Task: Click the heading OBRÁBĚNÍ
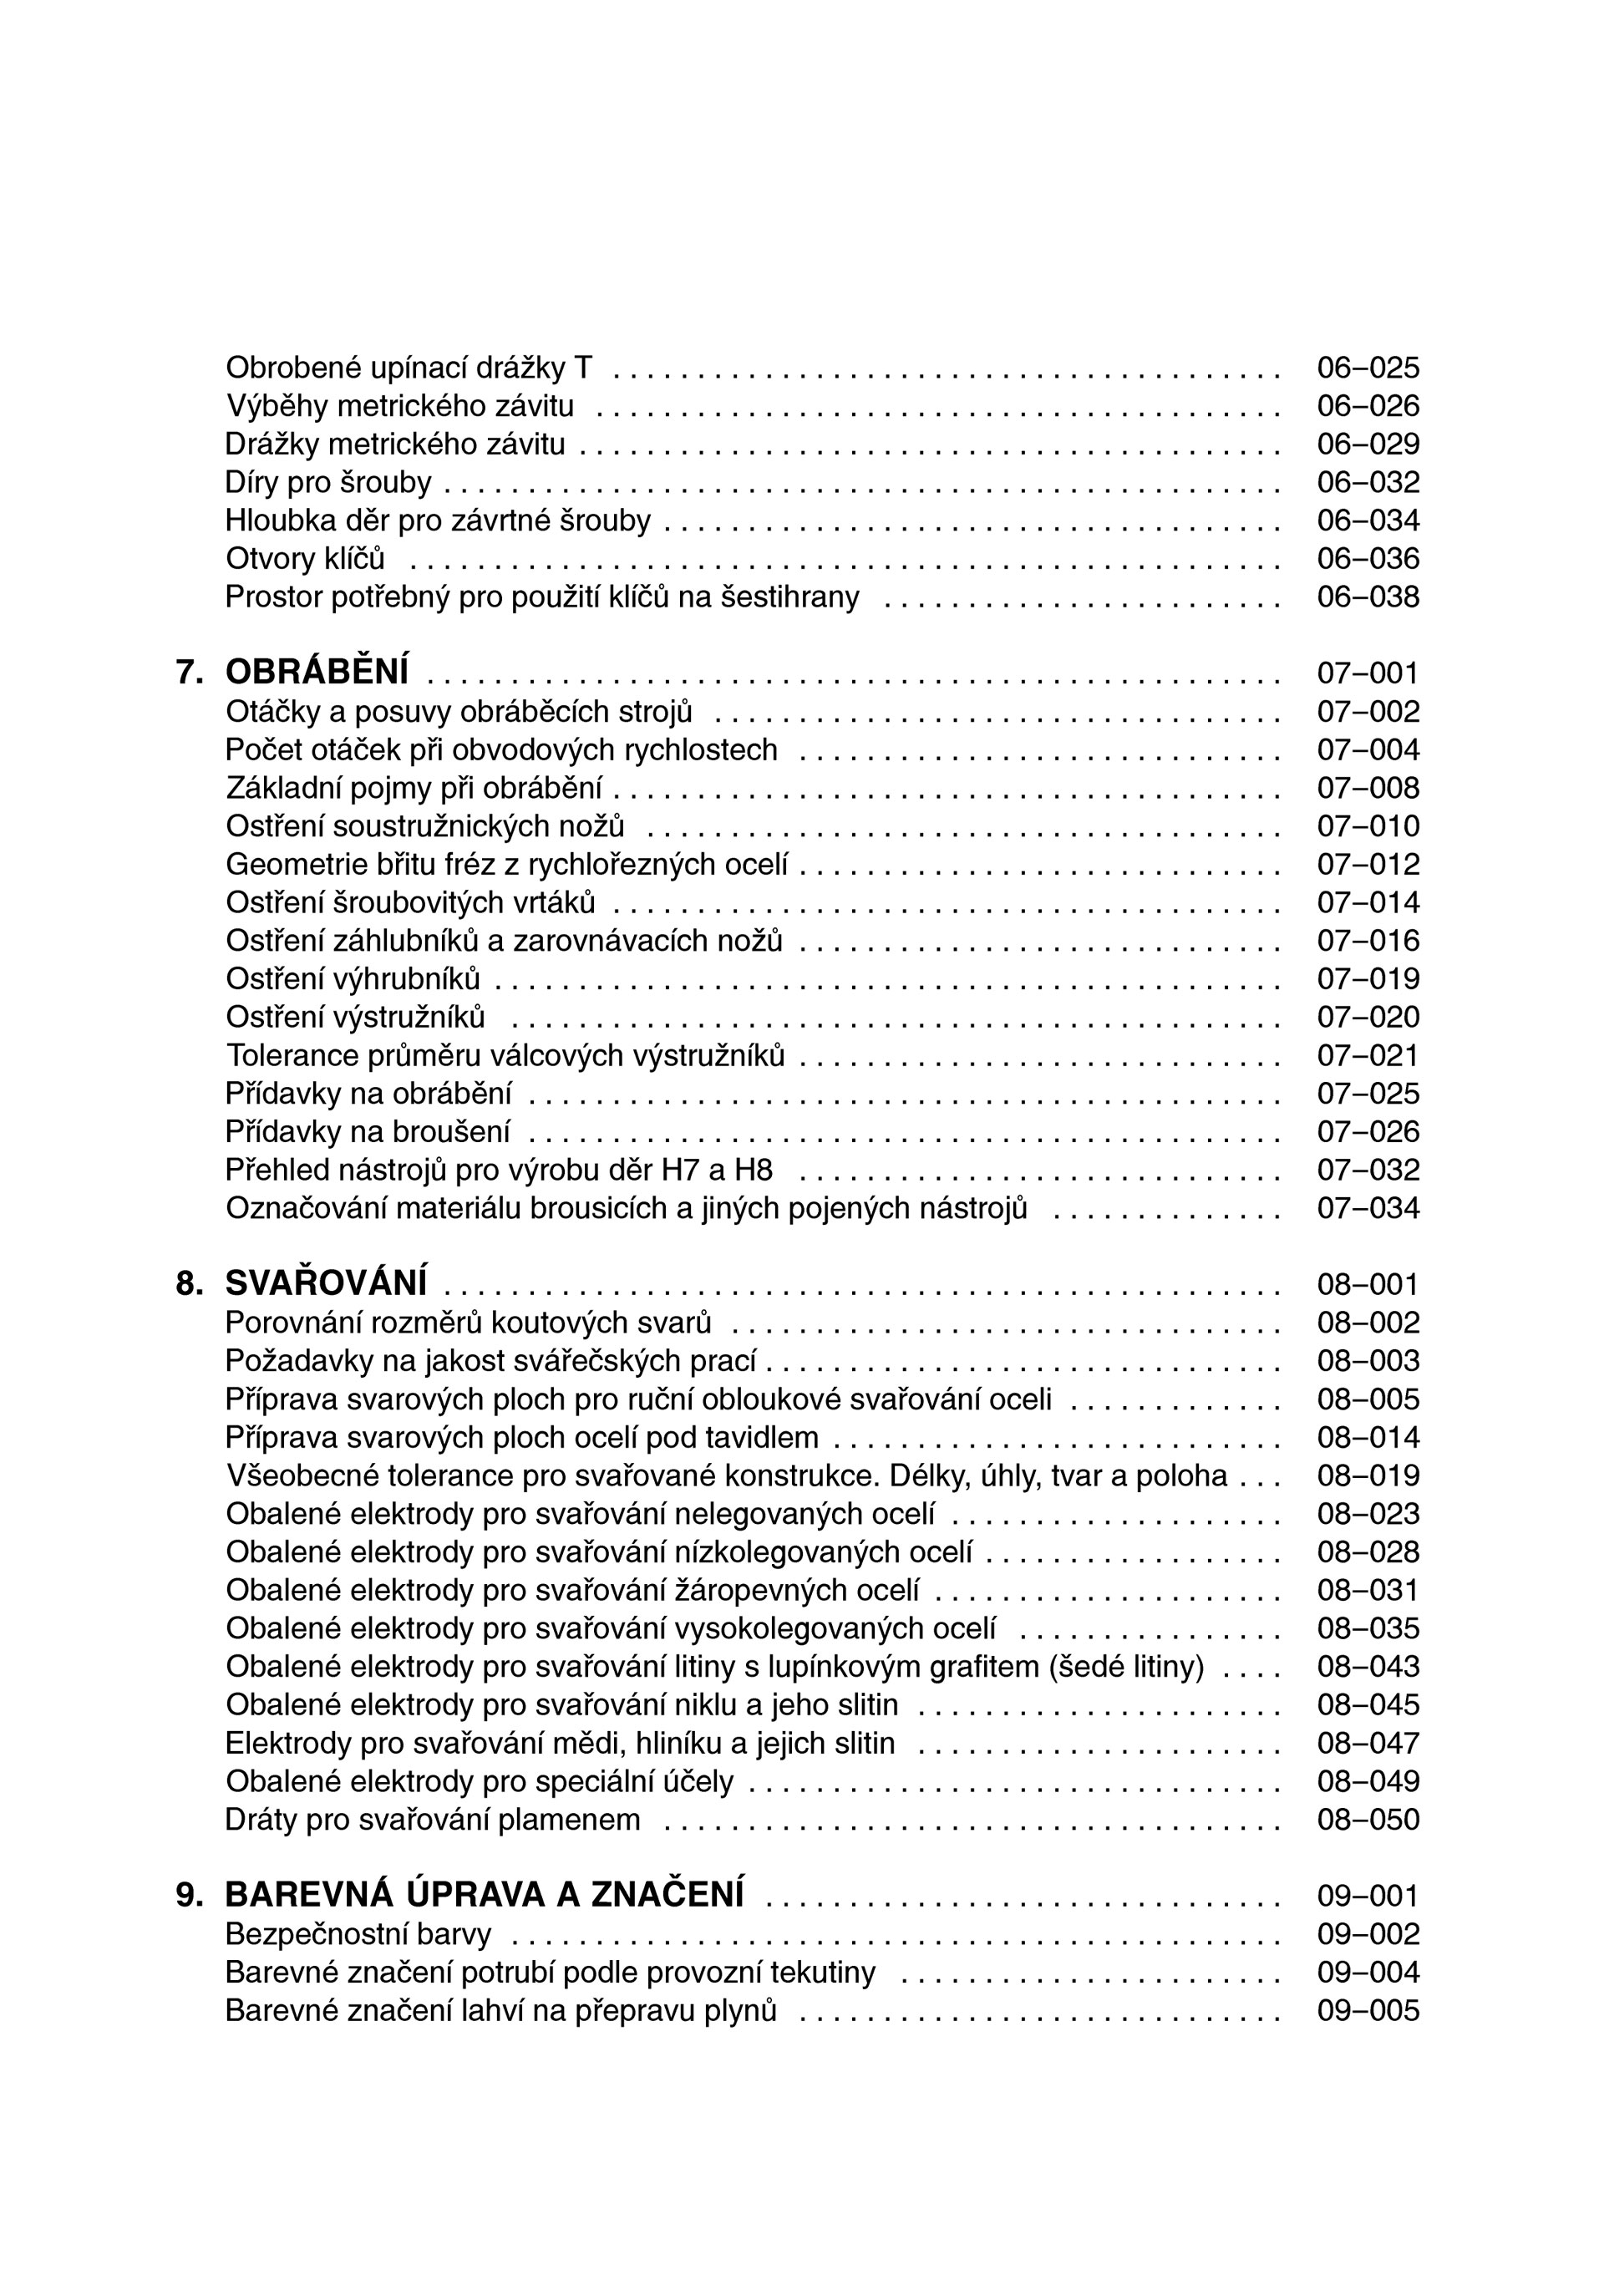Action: (x=317, y=673)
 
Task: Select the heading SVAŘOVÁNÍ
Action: (x=327, y=1283)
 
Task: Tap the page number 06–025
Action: (x=1368, y=368)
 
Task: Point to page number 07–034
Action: (x=1368, y=1207)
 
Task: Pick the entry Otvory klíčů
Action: (x=305, y=559)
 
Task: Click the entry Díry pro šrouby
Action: (x=328, y=482)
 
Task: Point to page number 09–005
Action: (x=1368, y=2010)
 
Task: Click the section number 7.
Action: (x=189, y=673)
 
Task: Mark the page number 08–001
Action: (x=1368, y=1284)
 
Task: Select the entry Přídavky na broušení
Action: (x=368, y=1131)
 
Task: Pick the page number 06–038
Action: (x=1368, y=597)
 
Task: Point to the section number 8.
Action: (x=189, y=1283)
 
